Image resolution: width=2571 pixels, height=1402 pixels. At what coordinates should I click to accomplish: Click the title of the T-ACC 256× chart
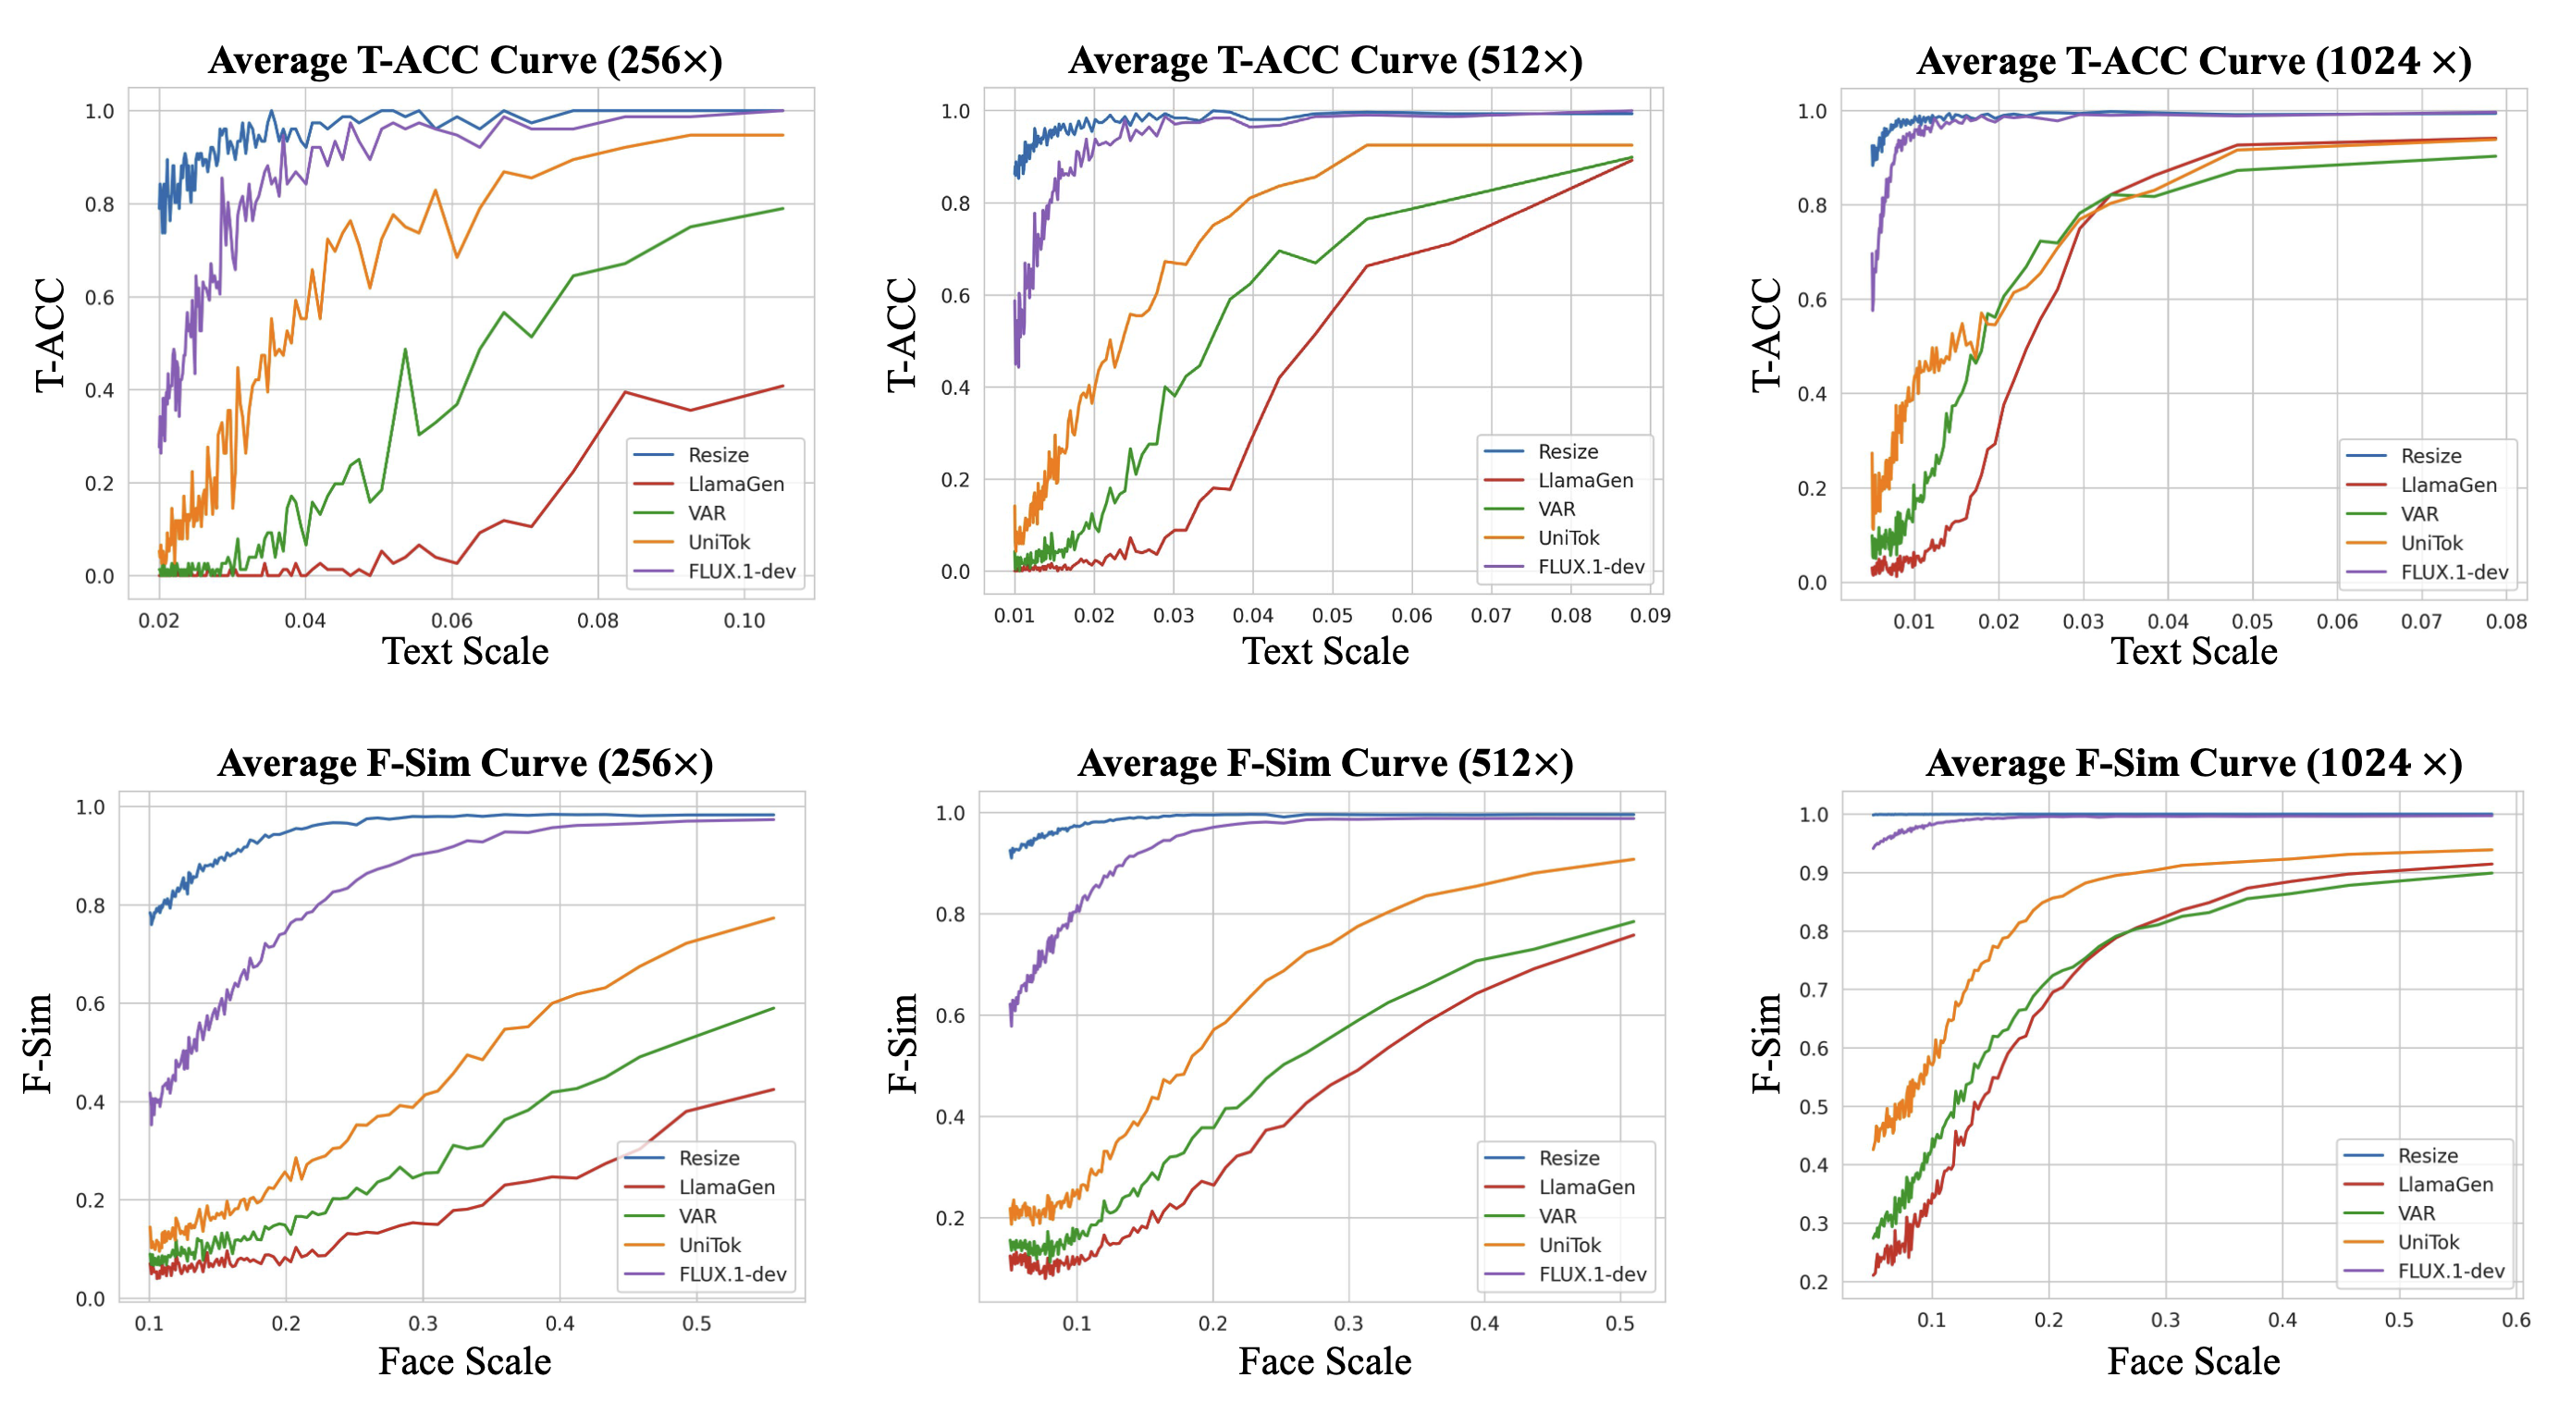click(465, 61)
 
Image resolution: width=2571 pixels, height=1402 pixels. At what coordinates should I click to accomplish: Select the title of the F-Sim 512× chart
click(1325, 763)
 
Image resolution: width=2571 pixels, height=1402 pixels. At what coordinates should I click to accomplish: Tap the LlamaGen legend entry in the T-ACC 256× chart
click(735, 484)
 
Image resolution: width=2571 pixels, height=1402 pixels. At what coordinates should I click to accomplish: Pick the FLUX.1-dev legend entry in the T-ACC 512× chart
click(1590, 567)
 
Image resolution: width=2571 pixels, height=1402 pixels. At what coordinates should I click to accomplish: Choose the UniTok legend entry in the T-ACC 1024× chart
click(2430, 543)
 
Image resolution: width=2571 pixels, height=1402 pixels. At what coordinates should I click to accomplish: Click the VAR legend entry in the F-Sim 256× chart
click(696, 1215)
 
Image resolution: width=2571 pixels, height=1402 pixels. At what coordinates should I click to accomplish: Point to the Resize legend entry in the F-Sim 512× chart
click(1568, 1158)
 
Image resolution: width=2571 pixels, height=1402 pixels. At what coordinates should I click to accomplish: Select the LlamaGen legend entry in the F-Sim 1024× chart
click(2444, 1185)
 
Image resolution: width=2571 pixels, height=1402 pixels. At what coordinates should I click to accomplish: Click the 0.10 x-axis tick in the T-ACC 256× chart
click(744, 621)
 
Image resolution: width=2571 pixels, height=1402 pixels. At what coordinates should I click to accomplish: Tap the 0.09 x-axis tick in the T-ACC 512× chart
click(1650, 616)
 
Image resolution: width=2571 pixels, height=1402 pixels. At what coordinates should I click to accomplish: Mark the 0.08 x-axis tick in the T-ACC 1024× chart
click(2505, 621)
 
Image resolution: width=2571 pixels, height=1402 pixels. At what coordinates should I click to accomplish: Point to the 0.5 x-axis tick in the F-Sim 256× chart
click(696, 1323)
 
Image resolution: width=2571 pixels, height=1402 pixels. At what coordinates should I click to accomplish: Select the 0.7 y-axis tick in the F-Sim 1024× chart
click(1813, 990)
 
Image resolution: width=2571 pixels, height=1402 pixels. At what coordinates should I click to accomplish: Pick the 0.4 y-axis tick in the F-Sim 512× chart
click(950, 1116)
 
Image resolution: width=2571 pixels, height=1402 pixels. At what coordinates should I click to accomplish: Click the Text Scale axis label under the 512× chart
click(1325, 652)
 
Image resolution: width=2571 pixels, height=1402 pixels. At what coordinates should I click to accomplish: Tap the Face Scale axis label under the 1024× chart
click(2194, 1362)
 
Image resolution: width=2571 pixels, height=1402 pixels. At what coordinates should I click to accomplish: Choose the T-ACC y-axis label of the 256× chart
click(50, 334)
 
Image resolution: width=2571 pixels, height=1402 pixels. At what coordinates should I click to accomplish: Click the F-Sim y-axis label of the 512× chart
click(903, 1043)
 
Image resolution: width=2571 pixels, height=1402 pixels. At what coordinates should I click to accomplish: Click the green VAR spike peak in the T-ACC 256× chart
click(405, 350)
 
